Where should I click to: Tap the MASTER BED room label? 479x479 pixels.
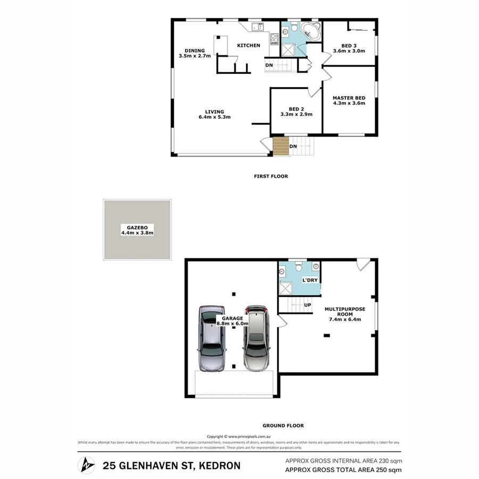(x=349, y=98)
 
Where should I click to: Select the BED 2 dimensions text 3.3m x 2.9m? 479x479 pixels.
(x=296, y=114)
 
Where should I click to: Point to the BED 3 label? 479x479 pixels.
(x=349, y=45)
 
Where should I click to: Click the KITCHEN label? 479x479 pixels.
(x=249, y=45)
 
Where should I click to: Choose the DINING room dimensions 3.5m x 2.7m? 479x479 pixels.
(x=195, y=55)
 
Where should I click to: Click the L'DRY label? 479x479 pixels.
(x=309, y=279)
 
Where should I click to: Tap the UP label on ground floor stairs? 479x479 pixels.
(x=307, y=305)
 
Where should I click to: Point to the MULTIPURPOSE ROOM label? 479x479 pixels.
(x=345, y=311)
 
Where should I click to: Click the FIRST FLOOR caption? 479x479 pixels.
(x=270, y=176)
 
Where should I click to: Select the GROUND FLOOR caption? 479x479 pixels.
(x=283, y=425)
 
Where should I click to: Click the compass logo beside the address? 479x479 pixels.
(x=87, y=465)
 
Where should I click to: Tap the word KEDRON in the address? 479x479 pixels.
(x=218, y=465)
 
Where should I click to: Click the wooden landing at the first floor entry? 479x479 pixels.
(x=280, y=146)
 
